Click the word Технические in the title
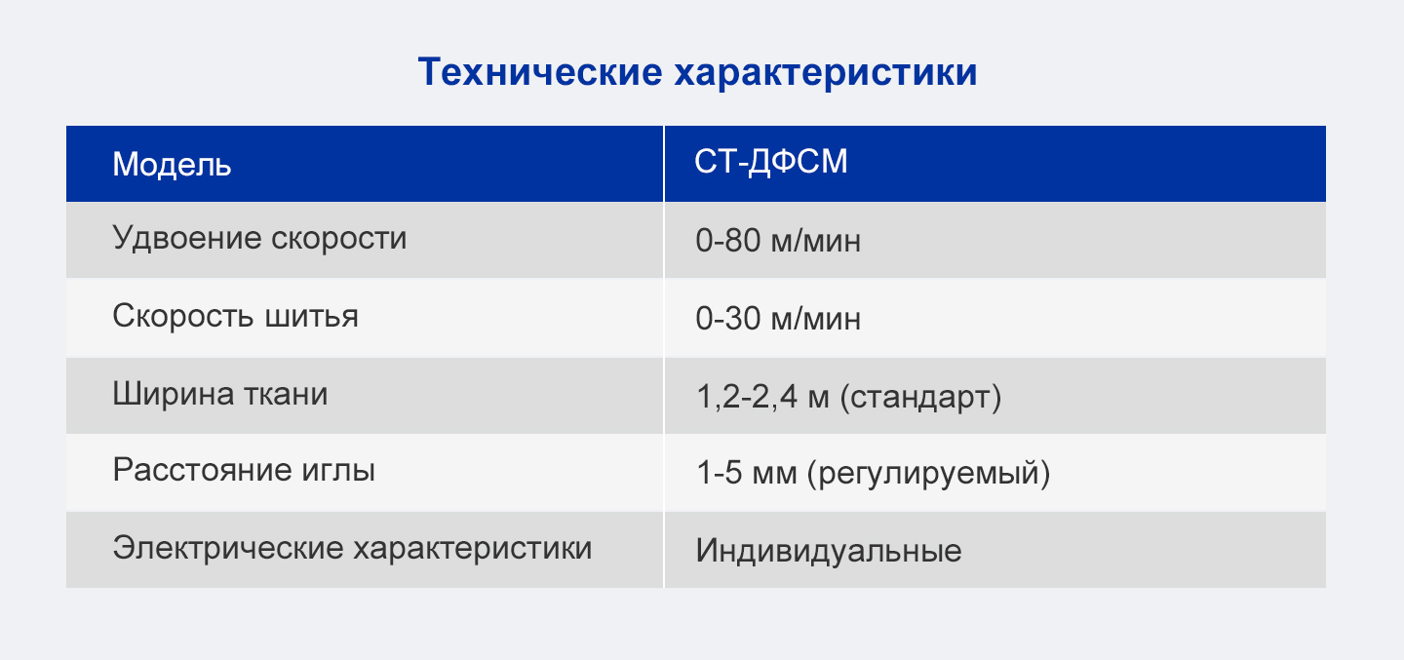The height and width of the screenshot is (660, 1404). point(540,71)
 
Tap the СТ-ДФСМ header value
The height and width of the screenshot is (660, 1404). point(771,162)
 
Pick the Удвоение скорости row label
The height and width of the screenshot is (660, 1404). point(259,238)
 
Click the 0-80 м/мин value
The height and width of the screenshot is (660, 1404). point(778,241)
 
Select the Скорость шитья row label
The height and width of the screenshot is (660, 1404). point(235,316)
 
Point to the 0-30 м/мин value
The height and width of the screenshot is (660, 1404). point(778,319)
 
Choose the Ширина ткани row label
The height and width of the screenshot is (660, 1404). point(220,394)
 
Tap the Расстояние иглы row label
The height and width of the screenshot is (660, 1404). point(244,470)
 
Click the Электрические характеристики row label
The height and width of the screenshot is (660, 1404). point(352,548)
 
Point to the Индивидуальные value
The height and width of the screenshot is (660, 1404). point(829,551)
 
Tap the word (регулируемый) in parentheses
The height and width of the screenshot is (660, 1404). point(928,474)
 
